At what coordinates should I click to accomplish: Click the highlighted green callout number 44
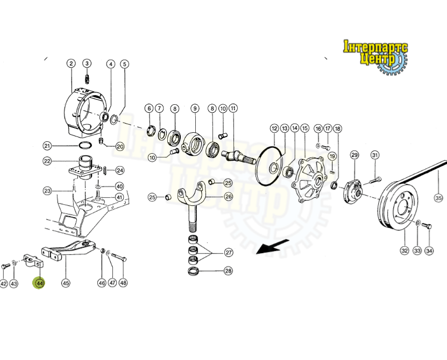point(39,283)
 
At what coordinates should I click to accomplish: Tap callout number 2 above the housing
point(71,63)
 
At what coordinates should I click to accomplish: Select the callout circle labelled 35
point(439,198)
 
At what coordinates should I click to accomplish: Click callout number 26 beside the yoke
point(229,197)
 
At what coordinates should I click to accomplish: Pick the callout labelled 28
point(229,271)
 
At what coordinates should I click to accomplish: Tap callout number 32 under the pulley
point(405,250)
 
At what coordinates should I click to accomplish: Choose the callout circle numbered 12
point(274,128)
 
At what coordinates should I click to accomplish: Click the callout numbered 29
point(354,155)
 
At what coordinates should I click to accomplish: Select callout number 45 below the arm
point(66,283)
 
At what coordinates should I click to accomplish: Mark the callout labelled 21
point(47,146)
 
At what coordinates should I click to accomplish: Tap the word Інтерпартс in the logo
point(375,47)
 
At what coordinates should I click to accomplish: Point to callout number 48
point(123,283)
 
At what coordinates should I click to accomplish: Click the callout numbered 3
point(87,63)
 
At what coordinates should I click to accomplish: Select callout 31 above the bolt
point(375,155)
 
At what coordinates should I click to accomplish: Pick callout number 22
point(47,161)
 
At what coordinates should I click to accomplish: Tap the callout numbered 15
point(305,128)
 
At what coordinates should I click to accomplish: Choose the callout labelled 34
point(429,250)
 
